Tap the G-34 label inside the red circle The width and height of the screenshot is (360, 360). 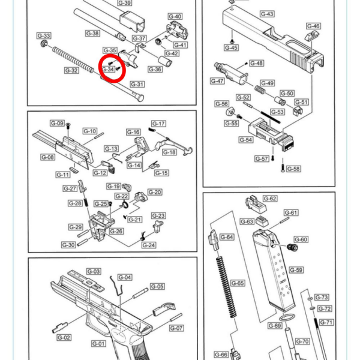tap(108, 69)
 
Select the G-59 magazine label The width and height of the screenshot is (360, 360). tap(296, 270)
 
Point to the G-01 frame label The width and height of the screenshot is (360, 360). tap(98, 344)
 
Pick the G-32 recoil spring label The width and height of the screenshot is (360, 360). tap(71, 70)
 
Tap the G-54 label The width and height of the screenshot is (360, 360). tap(246, 140)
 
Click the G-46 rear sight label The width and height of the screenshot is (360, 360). tap(313, 26)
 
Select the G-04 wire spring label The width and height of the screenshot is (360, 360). tap(124, 277)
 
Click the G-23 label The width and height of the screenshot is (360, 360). tap(158, 215)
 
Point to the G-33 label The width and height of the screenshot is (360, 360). tap(44, 36)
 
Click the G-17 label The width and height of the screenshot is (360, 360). tap(158, 124)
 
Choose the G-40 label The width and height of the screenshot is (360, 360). tap(175, 16)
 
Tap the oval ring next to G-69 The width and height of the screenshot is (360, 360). tap(287, 317)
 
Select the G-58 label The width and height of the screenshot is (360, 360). tap(293, 169)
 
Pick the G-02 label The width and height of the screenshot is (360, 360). tap(64, 338)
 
